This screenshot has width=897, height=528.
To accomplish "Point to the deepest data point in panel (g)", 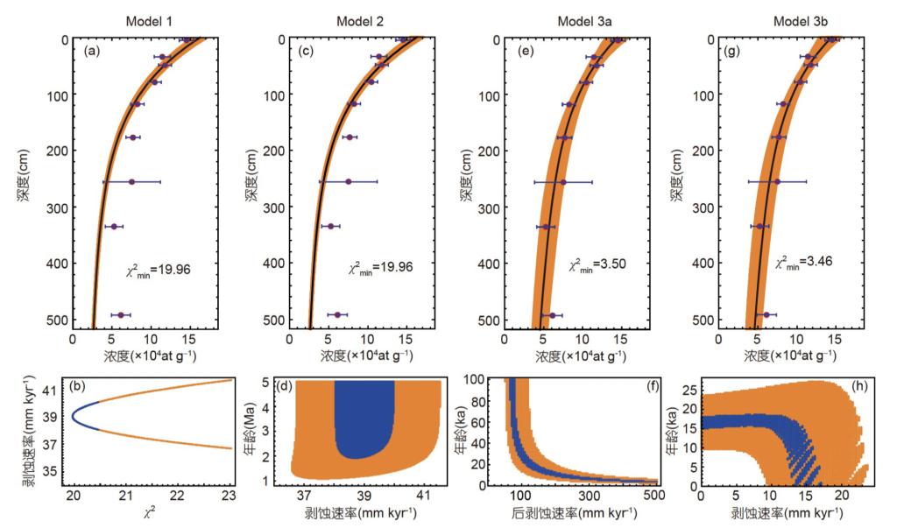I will pos(766,314).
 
